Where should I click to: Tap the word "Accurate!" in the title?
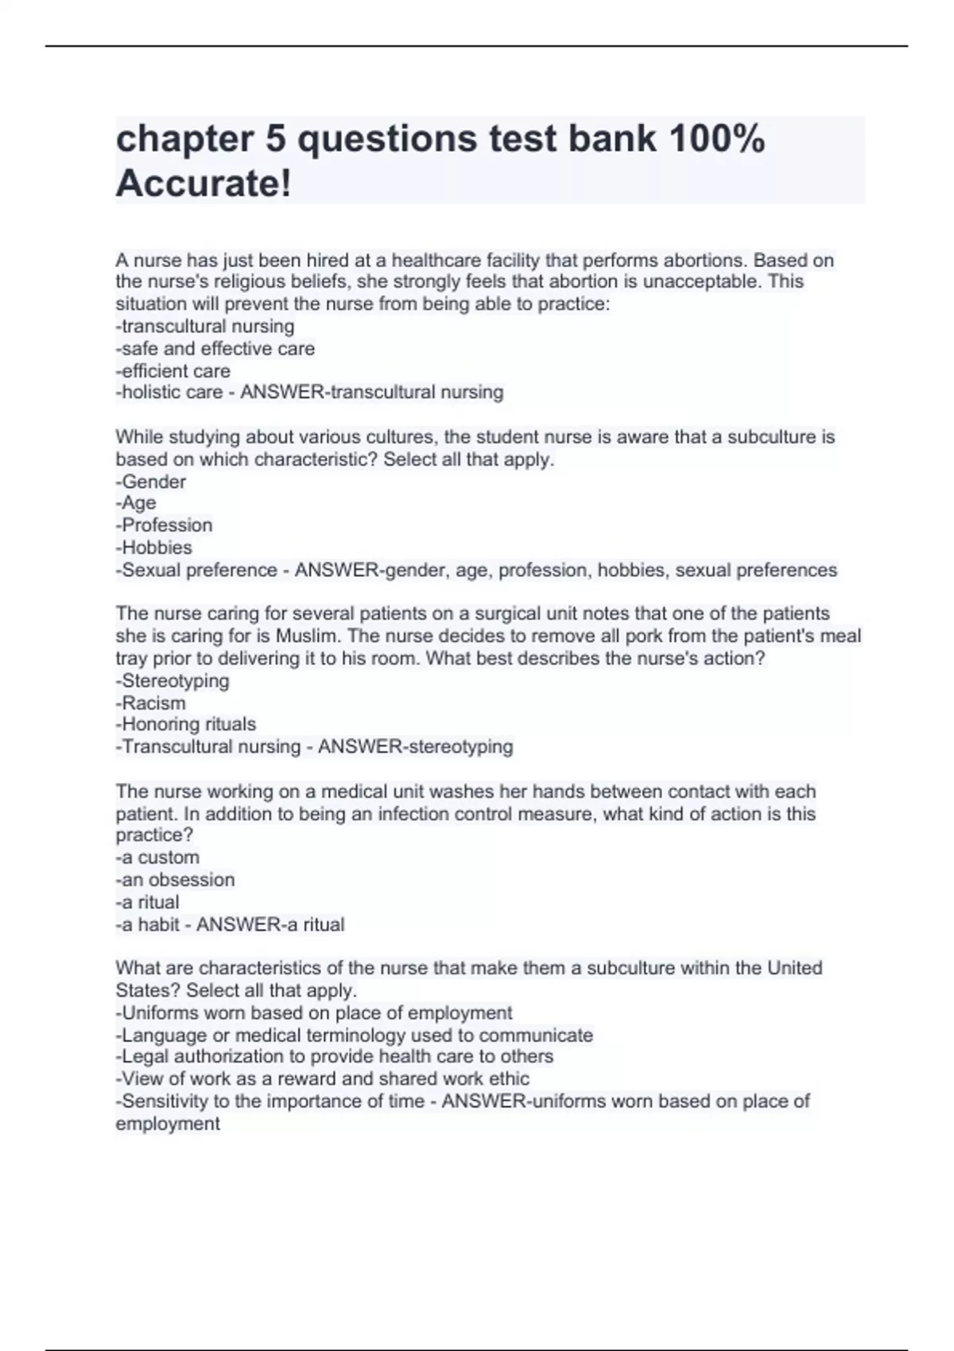point(204,184)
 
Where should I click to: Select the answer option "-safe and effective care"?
point(215,349)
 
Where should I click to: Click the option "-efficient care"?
point(173,371)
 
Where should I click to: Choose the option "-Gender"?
point(151,482)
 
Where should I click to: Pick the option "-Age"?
point(136,503)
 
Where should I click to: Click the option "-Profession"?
point(165,525)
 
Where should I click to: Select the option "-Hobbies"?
point(154,548)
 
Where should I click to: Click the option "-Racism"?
point(151,703)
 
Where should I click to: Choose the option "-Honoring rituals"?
point(186,725)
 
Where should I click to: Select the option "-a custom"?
point(157,857)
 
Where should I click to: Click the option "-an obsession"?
point(176,880)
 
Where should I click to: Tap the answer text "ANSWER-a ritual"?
point(270,925)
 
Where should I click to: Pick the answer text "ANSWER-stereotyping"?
point(415,747)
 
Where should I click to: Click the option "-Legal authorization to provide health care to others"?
point(335,1057)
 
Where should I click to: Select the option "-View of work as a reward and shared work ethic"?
point(323,1079)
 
